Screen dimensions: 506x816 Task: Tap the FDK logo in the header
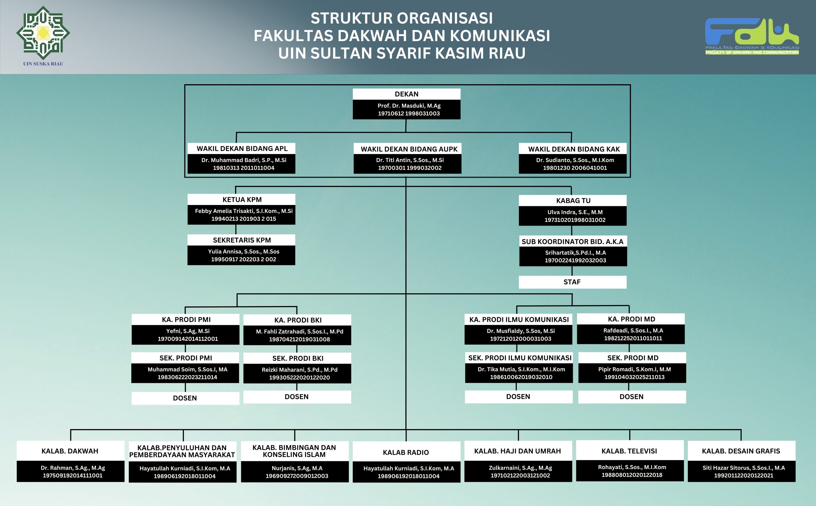click(x=752, y=35)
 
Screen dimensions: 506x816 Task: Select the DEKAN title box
click(x=406, y=94)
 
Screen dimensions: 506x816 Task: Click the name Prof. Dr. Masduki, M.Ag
click(x=409, y=106)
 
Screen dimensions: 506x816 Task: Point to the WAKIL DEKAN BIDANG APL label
click(x=242, y=149)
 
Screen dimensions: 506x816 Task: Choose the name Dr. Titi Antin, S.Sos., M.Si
click(x=410, y=160)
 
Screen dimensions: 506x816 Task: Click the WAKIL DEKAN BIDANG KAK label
click(x=574, y=149)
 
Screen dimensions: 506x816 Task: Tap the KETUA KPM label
click(x=242, y=200)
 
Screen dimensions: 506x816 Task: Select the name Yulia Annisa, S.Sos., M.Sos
click(x=243, y=252)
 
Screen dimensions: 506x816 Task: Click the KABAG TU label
click(x=573, y=201)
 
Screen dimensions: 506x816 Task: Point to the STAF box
click(x=572, y=282)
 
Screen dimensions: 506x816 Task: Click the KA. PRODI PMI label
click(x=186, y=319)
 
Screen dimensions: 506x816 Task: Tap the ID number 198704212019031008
click(x=299, y=339)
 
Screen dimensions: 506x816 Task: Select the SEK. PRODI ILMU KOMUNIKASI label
click(x=520, y=358)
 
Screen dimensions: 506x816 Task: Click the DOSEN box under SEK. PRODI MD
click(x=631, y=397)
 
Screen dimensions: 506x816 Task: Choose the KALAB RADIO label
click(x=406, y=452)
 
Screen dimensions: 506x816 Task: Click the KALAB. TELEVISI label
click(x=629, y=451)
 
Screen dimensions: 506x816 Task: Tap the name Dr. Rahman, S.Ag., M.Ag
click(x=73, y=468)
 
